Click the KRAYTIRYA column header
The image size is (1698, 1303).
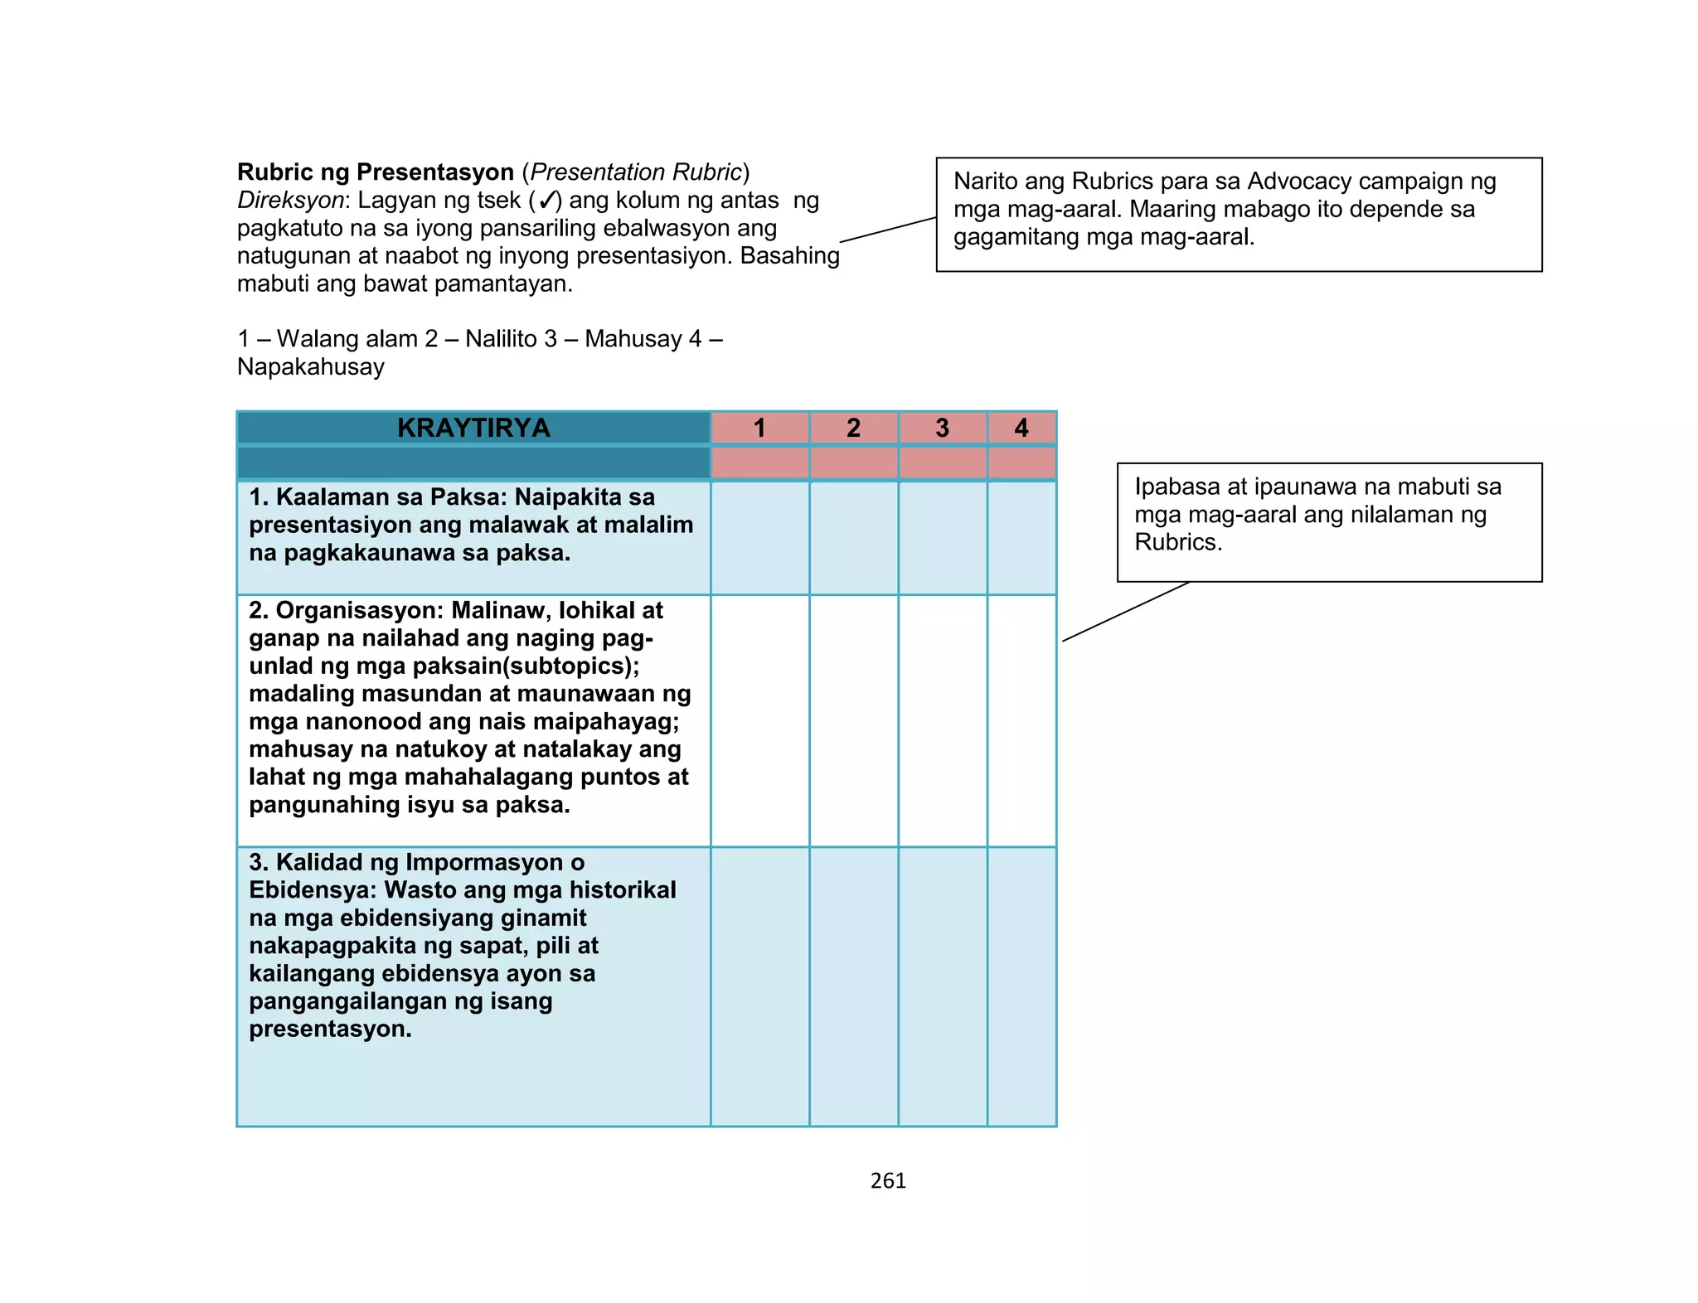click(x=473, y=428)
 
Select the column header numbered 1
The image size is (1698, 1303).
click(x=759, y=428)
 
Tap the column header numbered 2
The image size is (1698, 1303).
click(x=853, y=428)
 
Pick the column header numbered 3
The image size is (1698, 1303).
click(x=942, y=428)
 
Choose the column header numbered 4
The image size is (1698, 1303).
click(x=1021, y=428)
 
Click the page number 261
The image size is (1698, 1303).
click(x=888, y=1181)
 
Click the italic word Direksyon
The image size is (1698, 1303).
click(x=290, y=201)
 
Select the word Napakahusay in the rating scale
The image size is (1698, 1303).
click(x=311, y=366)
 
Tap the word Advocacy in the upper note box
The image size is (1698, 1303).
click(x=1298, y=181)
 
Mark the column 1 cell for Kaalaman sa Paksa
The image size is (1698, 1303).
click(x=759, y=537)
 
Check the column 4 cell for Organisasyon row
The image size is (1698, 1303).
click(x=1021, y=720)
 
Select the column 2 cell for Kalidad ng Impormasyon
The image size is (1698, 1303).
click(x=853, y=986)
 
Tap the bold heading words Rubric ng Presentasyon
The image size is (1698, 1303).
click(x=376, y=172)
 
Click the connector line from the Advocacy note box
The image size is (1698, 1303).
click(x=888, y=230)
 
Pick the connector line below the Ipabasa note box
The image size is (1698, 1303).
click(x=1126, y=612)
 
